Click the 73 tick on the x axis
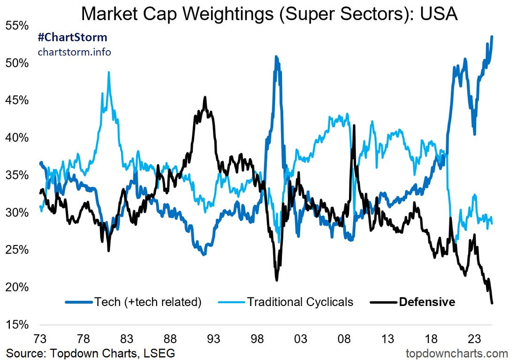(x=40, y=339)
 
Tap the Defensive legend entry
(x=427, y=301)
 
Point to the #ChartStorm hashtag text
(x=72, y=37)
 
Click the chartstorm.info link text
(x=75, y=52)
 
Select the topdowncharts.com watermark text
(x=458, y=353)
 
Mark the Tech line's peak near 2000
(x=276, y=57)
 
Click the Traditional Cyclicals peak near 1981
(x=109, y=72)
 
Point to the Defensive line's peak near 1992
(x=205, y=97)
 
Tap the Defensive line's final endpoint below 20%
(x=492, y=303)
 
